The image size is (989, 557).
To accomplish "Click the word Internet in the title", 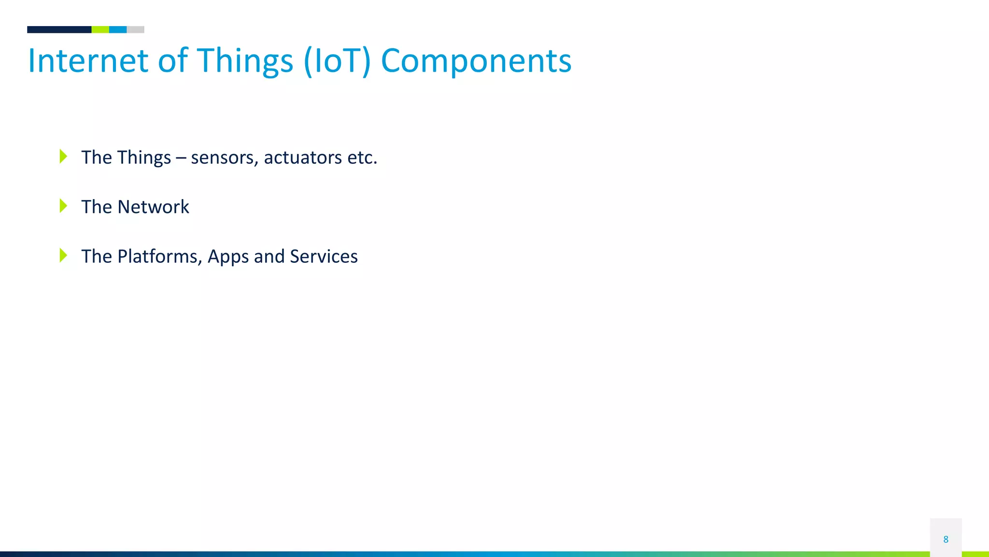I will tap(88, 61).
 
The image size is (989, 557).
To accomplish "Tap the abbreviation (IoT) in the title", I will tap(337, 61).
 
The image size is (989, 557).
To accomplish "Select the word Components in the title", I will tap(476, 61).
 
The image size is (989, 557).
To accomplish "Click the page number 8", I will tap(946, 539).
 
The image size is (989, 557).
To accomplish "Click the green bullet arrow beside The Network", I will tap(63, 206).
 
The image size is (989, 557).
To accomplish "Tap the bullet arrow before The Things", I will tap(63, 157).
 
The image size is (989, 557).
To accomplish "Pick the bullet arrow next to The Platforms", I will tap(63, 256).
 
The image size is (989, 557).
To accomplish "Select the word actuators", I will tap(303, 158).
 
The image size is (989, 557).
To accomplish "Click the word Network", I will tap(154, 207).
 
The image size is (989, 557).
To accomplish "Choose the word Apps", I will tap(228, 257).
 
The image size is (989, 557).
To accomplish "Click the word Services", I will tap(324, 257).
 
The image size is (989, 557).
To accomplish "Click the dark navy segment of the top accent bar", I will tap(59, 29).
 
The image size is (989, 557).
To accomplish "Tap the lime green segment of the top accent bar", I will tap(100, 29).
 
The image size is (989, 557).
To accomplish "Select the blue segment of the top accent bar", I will tap(118, 29).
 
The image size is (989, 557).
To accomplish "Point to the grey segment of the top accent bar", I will tap(136, 29).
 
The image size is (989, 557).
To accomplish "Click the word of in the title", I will tap(172, 61).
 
